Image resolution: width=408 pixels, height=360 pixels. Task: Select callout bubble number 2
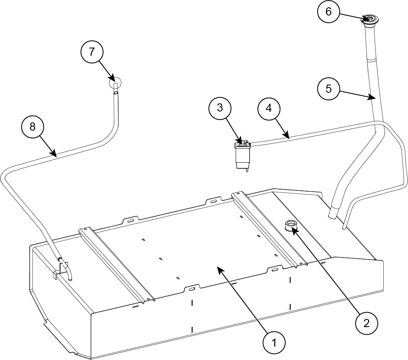click(367, 323)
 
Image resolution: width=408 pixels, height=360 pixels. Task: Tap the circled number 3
click(220, 108)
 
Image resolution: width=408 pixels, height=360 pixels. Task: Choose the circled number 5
click(328, 89)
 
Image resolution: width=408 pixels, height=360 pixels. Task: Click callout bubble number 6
click(328, 12)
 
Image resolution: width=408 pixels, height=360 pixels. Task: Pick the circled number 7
click(92, 52)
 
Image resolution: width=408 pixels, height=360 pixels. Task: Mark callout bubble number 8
click(32, 127)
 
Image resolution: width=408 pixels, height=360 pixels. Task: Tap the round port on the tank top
click(291, 225)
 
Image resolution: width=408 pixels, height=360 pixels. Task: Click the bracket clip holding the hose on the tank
click(60, 270)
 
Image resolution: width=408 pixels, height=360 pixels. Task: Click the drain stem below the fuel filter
click(246, 171)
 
